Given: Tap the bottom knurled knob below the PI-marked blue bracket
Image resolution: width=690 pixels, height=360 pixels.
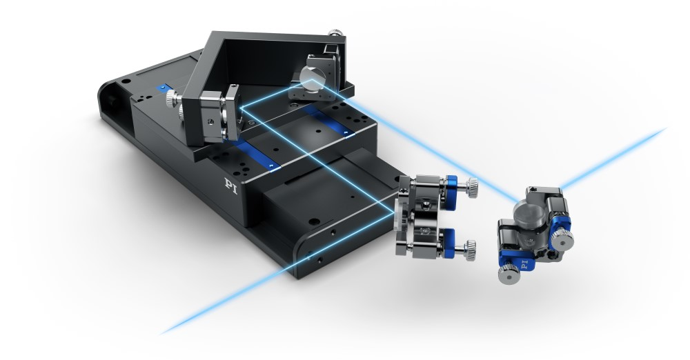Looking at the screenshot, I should point(507,275).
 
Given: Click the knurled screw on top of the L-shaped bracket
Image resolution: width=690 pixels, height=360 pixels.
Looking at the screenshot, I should point(335,34).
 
